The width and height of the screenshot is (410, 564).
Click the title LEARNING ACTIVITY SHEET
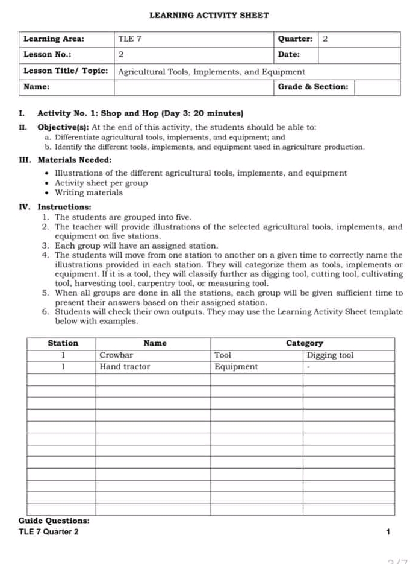208,15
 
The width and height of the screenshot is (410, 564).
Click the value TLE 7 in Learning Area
129,39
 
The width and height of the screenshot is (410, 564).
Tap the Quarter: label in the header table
295,39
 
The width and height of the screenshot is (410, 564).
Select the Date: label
289,55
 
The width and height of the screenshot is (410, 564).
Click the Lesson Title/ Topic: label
65,71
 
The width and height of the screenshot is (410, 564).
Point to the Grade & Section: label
312,87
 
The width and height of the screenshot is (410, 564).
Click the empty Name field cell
193,87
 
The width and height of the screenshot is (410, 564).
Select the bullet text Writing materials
89,193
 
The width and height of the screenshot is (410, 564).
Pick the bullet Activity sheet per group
101,183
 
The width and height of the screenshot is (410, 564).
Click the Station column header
63,343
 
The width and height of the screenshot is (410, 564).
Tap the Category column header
304,343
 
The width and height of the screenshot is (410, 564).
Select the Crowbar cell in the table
116,355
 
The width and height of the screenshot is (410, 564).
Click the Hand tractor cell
125,366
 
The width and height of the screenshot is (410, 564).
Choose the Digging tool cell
330,355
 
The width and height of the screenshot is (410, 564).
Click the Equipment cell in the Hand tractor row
236,366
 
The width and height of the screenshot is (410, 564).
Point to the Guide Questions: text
54,520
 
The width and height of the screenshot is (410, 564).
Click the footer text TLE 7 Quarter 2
48,531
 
